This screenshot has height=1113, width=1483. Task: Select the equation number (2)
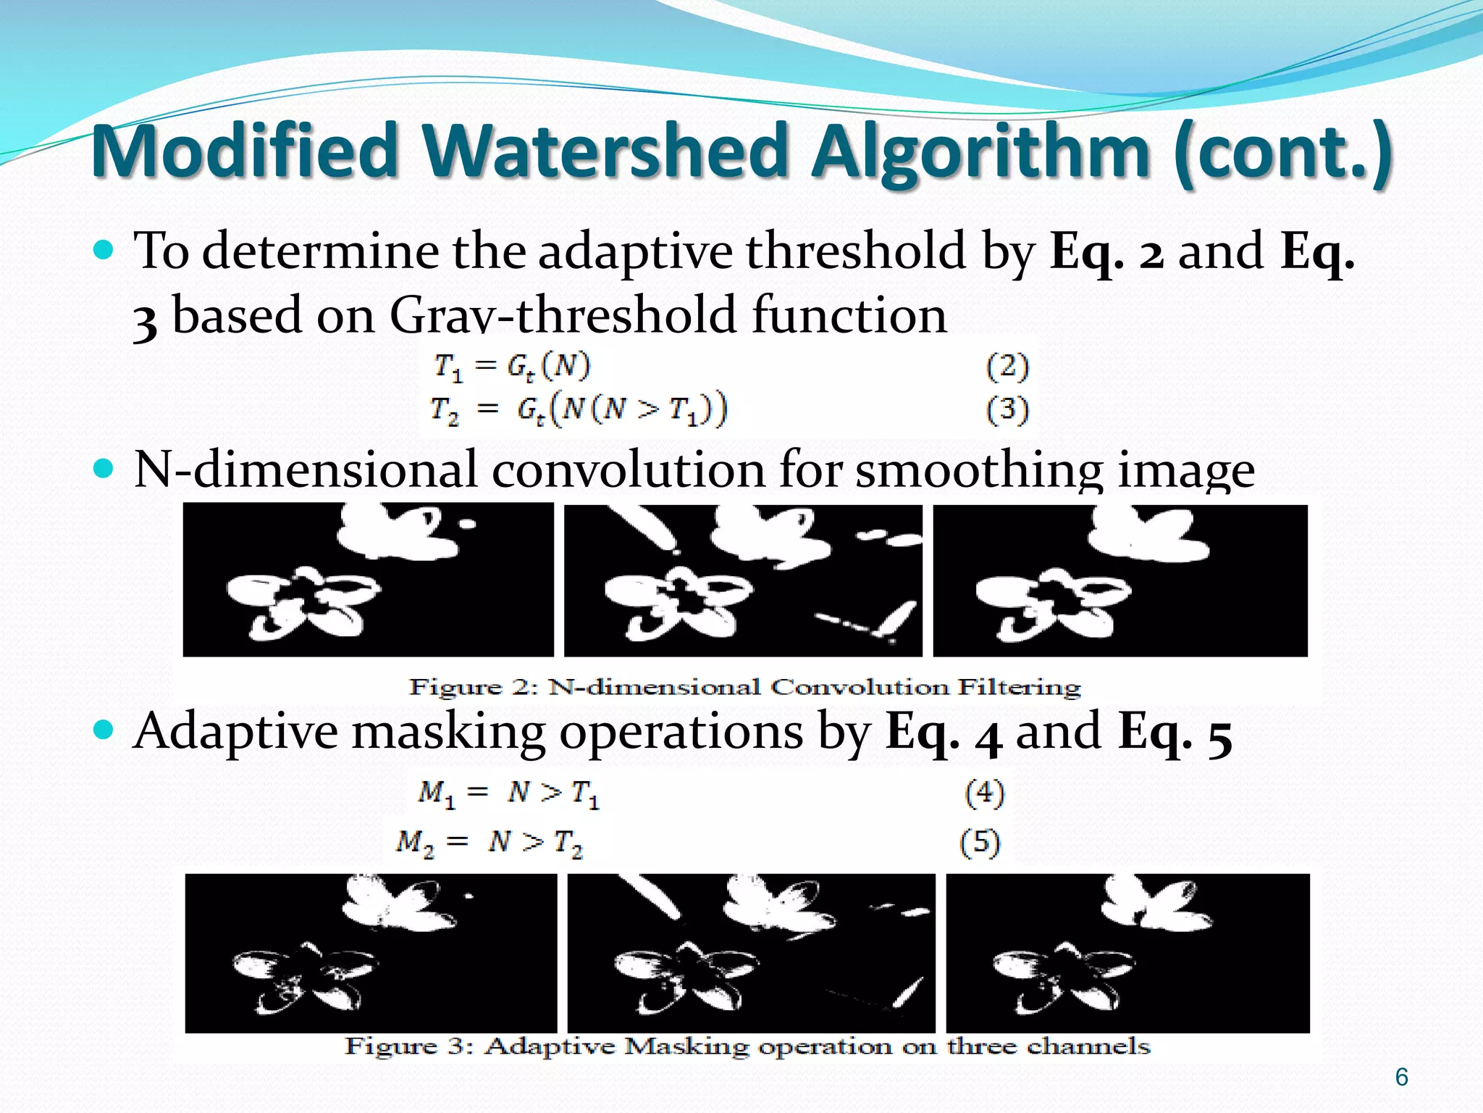1007,367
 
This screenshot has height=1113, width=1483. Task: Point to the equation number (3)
1007,410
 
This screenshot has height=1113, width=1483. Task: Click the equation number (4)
984,793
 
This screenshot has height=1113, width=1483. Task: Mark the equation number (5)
980,842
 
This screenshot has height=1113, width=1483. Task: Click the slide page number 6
1401,1077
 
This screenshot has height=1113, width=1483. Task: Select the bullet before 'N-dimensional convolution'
104,470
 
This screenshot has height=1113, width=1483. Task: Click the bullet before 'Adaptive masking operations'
104,729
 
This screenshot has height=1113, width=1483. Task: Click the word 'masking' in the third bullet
449,731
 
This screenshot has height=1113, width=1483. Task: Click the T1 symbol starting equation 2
448,367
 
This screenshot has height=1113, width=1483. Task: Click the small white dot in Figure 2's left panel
468,523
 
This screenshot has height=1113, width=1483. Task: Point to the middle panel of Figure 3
751,953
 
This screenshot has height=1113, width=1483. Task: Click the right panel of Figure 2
1120,580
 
